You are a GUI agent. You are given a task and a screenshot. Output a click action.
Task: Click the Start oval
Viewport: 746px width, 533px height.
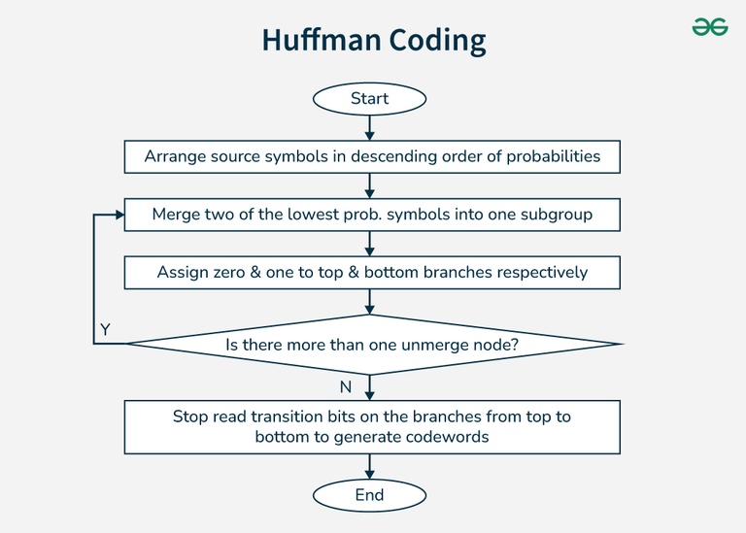click(x=369, y=99)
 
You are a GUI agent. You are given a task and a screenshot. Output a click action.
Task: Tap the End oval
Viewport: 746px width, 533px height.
click(x=369, y=495)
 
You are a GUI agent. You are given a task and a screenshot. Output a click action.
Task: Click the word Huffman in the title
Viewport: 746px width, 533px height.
click(x=322, y=40)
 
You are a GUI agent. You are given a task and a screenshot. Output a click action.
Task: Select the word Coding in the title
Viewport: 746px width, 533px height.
click(x=437, y=41)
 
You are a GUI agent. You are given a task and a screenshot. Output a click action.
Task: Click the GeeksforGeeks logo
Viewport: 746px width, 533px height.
click(x=710, y=26)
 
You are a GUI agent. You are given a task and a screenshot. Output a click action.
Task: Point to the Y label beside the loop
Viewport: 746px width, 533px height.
click(x=105, y=329)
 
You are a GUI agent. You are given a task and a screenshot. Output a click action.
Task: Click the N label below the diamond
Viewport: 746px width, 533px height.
click(x=346, y=387)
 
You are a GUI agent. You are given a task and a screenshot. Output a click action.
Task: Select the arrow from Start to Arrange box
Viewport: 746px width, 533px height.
click(x=370, y=127)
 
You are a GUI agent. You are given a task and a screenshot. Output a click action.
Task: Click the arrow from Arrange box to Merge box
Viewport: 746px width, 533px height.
click(x=370, y=185)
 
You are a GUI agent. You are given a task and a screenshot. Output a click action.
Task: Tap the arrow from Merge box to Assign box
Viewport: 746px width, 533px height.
click(x=370, y=244)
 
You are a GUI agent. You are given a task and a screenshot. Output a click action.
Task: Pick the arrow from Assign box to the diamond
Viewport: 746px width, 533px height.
click(x=370, y=301)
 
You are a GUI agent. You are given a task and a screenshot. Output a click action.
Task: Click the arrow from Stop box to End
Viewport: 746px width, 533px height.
click(x=370, y=466)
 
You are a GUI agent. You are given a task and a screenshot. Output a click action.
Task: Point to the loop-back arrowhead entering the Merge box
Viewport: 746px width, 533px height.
click(x=119, y=215)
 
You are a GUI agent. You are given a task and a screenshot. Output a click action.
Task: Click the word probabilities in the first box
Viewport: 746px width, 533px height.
click(x=554, y=156)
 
